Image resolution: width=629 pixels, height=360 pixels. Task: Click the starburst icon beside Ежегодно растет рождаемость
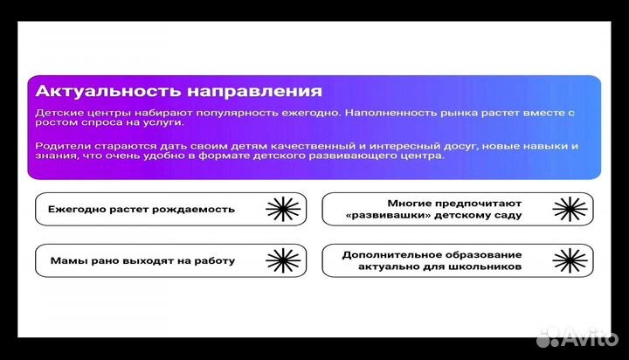[281, 209]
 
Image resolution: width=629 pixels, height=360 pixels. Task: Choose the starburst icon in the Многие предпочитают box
[569, 209]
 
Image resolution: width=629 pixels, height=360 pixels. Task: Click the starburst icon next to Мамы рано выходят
[281, 260]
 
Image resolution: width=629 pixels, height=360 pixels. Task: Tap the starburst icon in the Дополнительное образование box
[569, 260]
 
